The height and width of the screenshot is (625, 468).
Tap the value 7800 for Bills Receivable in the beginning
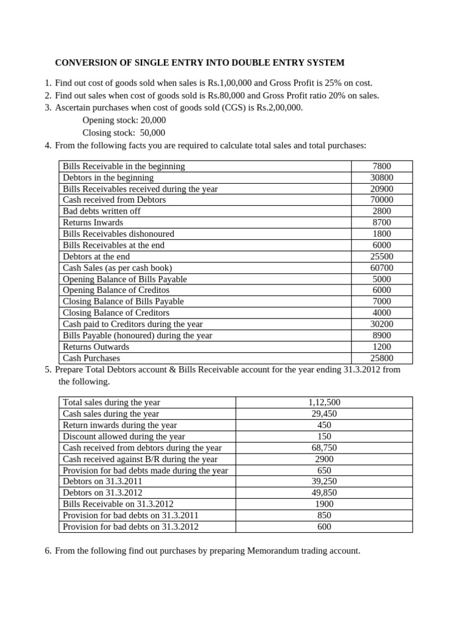[x=381, y=166]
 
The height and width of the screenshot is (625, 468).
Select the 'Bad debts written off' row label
[x=102, y=211]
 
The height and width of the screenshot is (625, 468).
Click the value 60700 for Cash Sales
[x=381, y=268]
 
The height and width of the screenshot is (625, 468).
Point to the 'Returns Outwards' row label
[x=96, y=347]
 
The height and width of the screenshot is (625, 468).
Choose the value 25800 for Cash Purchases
[x=381, y=358]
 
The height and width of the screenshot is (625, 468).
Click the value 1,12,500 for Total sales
[x=324, y=402]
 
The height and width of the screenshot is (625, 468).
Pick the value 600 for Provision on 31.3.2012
[x=324, y=527]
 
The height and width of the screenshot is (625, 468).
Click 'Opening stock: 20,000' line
[x=124, y=120]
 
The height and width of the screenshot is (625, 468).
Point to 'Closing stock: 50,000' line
[x=124, y=132]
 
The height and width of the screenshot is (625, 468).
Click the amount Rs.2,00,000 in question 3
[x=272, y=108]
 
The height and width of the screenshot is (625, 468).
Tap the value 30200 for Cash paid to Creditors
[x=381, y=324]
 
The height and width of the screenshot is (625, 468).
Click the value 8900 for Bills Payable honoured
[x=381, y=336]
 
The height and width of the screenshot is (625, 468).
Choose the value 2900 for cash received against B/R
[x=324, y=459]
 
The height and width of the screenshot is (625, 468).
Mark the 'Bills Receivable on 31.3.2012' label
[x=118, y=504]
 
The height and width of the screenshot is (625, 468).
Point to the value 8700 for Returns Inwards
[x=381, y=223]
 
